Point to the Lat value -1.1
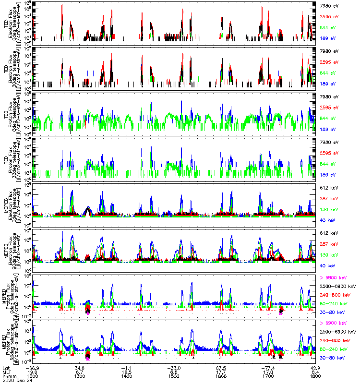pos(127,367)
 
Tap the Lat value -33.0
pos(174,367)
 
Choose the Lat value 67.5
pos(221,367)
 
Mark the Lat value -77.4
pos(267,367)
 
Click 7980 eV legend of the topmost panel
pos(329,5)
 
